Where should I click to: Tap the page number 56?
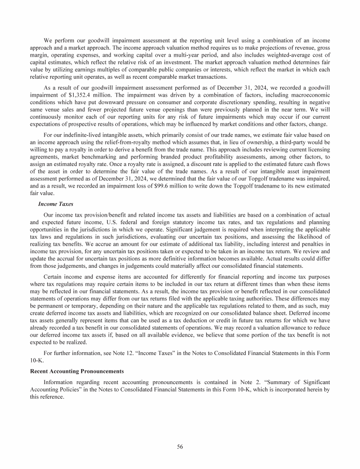click(180, 446)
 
